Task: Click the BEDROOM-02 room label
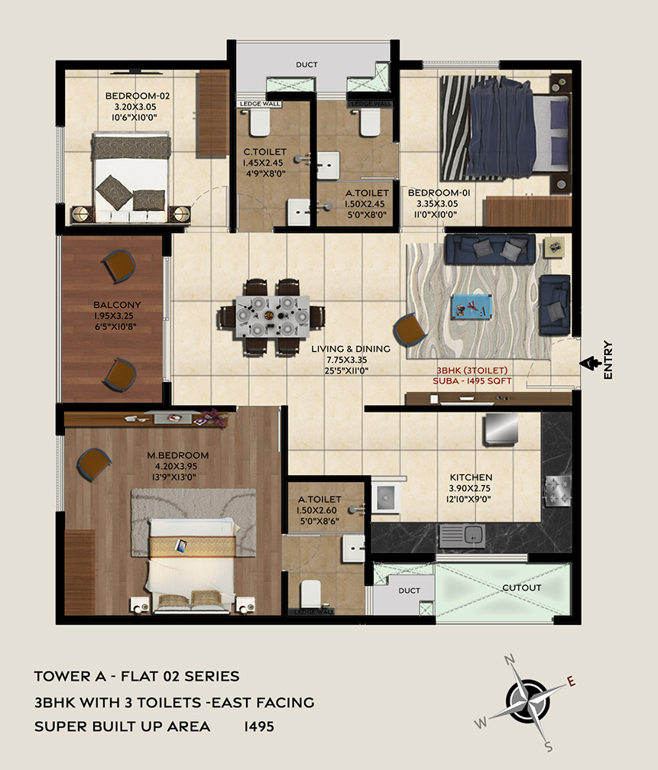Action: pyautogui.click(x=138, y=95)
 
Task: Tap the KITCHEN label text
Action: pyautogui.click(x=471, y=477)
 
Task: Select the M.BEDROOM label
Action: pyautogui.click(x=178, y=455)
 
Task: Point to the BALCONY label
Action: pyautogui.click(x=117, y=305)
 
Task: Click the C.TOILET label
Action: pyautogui.click(x=265, y=152)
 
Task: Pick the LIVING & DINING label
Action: pyautogui.click(x=351, y=349)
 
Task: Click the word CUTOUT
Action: pyautogui.click(x=521, y=588)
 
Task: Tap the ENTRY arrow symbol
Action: pyautogui.click(x=588, y=364)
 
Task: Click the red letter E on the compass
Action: pyautogui.click(x=571, y=681)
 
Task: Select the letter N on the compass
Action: pyautogui.click(x=510, y=659)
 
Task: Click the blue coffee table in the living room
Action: pyautogui.click(x=472, y=306)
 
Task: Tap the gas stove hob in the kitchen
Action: pyautogui.click(x=558, y=491)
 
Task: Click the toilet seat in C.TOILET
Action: pyautogui.click(x=260, y=122)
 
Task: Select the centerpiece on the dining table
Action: pyautogui.click(x=269, y=315)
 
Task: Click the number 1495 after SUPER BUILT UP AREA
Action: pyautogui.click(x=259, y=726)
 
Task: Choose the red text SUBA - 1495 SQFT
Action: pyautogui.click(x=472, y=381)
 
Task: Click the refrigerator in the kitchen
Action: pyautogui.click(x=501, y=429)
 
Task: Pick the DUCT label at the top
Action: pyautogui.click(x=306, y=65)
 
